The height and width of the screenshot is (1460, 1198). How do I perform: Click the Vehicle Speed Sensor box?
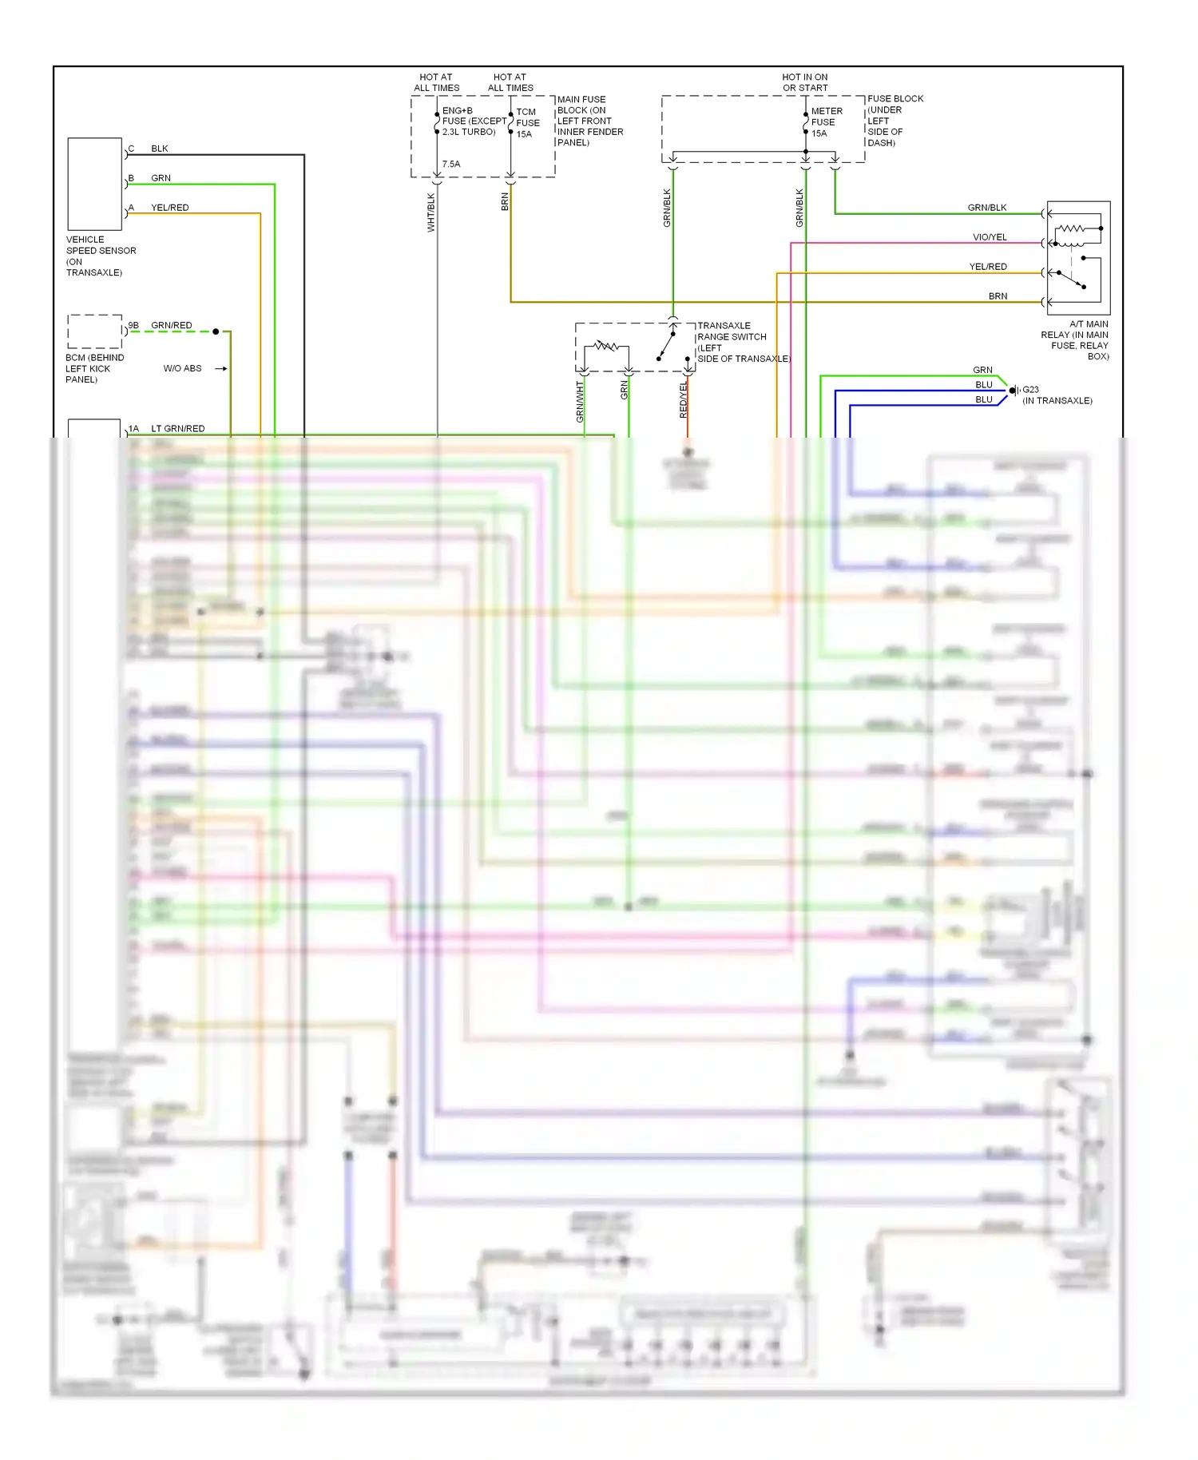pyautogui.click(x=94, y=184)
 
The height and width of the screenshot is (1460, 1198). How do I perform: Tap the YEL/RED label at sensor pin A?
pyautogui.click(x=169, y=208)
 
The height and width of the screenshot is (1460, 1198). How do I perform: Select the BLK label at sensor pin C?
pyautogui.click(x=159, y=149)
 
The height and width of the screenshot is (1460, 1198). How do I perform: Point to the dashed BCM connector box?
pyautogui.click(x=94, y=331)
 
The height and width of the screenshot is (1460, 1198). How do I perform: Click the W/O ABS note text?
pyautogui.click(x=182, y=368)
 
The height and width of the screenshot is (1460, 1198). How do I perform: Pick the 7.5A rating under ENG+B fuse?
pyautogui.click(x=450, y=165)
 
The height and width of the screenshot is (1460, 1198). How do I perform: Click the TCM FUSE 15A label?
pyautogui.click(x=527, y=123)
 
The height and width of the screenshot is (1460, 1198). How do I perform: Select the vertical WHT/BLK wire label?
pyautogui.click(x=431, y=212)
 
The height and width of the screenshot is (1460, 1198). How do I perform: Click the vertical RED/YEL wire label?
pyautogui.click(x=684, y=399)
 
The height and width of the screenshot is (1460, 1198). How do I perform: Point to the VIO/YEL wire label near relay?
pyautogui.click(x=990, y=237)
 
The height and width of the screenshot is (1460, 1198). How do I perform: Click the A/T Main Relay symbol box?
pyautogui.click(x=1078, y=257)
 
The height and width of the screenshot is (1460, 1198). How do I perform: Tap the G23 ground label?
pyautogui.click(x=1030, y=390)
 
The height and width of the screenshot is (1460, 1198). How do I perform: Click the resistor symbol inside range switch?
pyautogui.click(x=606, y=346)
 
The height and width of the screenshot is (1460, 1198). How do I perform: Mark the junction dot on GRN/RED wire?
pyautogui.click(x=216, y=331)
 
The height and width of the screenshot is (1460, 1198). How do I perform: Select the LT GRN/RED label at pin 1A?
pyautogui.click(x=177, y=429)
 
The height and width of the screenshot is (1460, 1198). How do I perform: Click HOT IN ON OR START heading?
pyautogui.click(x=804, y=82)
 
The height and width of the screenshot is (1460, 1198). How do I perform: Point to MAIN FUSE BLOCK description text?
pyautogui.click(x=589, y=121)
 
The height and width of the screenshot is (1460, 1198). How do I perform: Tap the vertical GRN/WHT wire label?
pyautogui.click(x=581, y=402)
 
